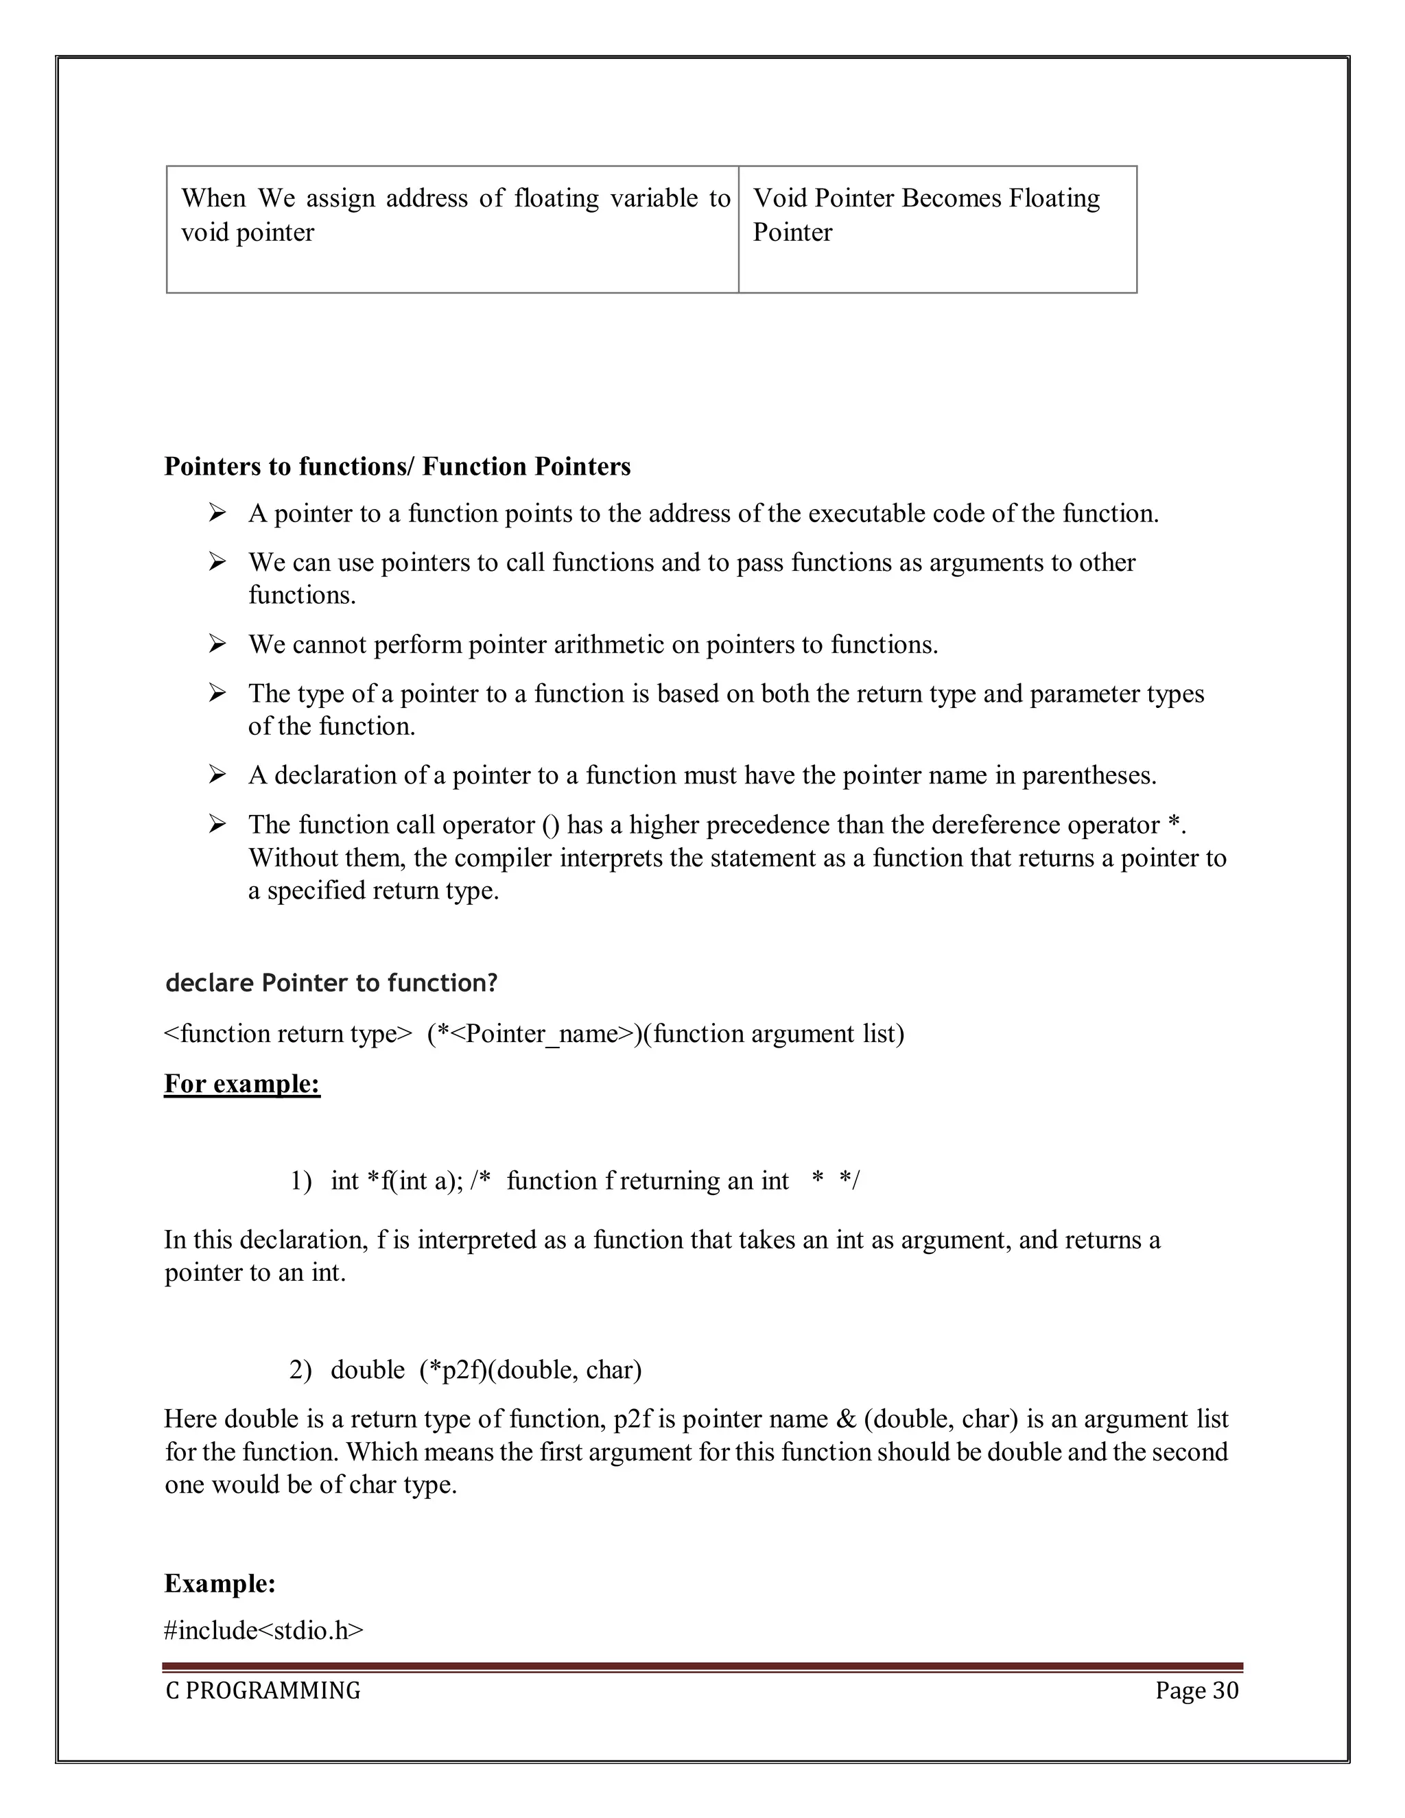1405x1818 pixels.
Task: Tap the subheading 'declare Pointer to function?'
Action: [x=331, y=983]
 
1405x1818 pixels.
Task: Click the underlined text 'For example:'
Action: [x=242, y=1084]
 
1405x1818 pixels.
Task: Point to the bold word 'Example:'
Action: [x=220, y=1583]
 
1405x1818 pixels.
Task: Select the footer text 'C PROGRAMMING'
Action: [x=263, y=1690]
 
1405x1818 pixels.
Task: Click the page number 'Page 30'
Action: [x=1196, y=1690]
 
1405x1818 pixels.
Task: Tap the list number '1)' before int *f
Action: [x=300, y=1181]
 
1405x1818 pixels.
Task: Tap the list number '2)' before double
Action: [x=300, y=1369]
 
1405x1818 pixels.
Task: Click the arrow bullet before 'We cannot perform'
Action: [x=217, y=644]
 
